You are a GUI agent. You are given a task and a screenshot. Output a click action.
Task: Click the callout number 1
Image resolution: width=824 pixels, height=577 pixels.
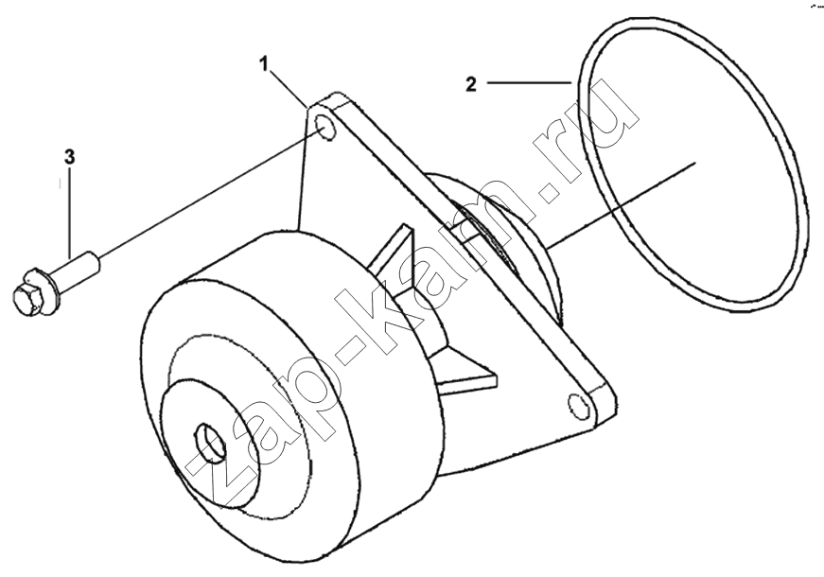click(x=264, y=64)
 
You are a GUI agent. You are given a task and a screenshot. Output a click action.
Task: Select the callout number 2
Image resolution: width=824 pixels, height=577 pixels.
click(x=471, y=84)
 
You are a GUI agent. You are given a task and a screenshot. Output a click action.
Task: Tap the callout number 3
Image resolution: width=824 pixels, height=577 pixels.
click(x=69, y=157)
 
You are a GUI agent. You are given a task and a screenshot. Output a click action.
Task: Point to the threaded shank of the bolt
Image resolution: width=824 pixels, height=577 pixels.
click(x=77, y=268)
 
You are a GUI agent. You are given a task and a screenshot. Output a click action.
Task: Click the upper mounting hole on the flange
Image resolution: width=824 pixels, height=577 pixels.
click(x=325, y=130)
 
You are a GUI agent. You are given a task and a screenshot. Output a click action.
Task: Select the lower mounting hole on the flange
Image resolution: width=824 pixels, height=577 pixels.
click(x=579, y=405)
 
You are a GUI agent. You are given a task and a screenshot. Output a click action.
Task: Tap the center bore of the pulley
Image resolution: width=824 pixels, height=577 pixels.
click(x=210, y=443)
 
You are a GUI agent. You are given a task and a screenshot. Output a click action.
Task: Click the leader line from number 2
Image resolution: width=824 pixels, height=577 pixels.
click(x=529, y=82)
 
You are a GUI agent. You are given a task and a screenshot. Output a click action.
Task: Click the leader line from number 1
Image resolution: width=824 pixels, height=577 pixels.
click(x=288, y=88)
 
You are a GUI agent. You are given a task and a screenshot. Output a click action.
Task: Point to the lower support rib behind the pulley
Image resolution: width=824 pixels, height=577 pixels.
click(x=463, y=373)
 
